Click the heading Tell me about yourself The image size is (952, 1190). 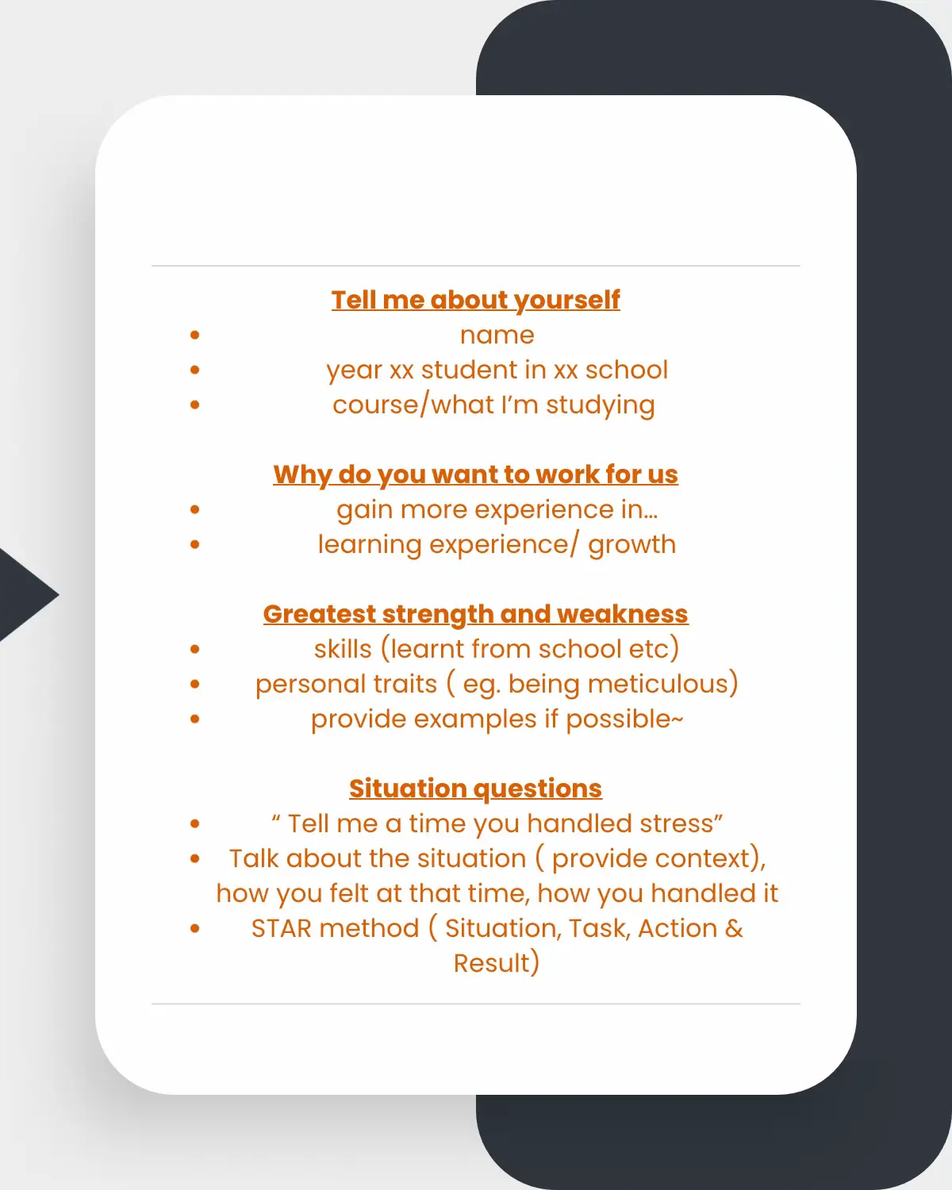tap(476, 301)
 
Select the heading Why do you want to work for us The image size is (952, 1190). tap(476, 475)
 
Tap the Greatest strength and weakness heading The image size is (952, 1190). tap(476, 614)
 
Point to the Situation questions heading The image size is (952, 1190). tap(476, 789)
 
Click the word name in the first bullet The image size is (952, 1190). tap(497, 336)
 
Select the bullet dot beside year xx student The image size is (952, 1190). tap(194, 370)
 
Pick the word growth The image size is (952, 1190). tap(631, 546)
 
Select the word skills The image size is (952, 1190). tap(343, 649)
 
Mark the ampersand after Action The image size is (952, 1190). tap(734, 928)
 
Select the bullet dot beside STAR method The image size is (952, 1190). tap(194, 928)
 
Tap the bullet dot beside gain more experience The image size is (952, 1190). tap(194, 509)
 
